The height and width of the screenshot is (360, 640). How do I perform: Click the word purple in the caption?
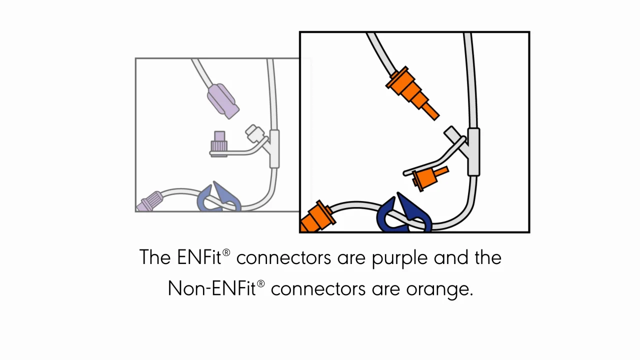[399, 258]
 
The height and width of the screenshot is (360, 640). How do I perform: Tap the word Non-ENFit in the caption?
[211, 288]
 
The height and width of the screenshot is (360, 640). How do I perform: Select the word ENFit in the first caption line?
[200, 257]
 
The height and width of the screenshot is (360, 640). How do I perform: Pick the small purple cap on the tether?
[219, 142]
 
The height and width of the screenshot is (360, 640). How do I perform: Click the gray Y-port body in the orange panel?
[473, 152]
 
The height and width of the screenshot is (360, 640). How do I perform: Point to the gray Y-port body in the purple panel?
[274, 149]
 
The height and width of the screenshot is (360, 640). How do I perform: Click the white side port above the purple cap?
[254, 133]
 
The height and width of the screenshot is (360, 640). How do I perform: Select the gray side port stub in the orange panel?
[452, 133]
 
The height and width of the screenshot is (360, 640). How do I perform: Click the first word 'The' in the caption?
[155, 257]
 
